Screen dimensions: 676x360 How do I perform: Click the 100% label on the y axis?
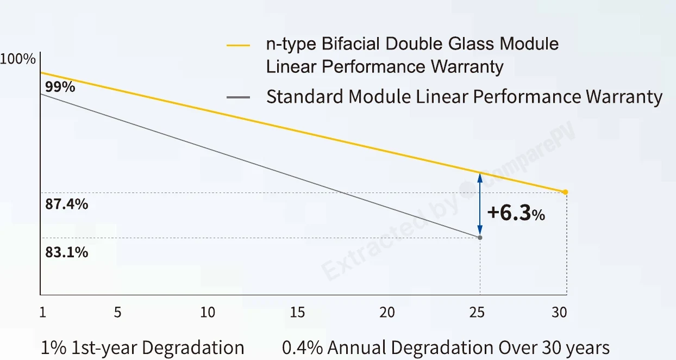point(18,59)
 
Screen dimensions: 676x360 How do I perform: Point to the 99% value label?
point(60,87)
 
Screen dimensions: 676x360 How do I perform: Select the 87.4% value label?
point(67,204)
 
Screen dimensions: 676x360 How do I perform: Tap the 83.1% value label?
point(67,252)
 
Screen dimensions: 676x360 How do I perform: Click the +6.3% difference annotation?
point(516,213)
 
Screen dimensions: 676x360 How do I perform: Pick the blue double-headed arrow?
point(480,204)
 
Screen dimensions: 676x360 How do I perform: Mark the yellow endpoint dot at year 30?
point(565,192)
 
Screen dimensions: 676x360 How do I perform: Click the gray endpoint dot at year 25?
point(480,238)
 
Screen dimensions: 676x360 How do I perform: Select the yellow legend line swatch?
point(238,45)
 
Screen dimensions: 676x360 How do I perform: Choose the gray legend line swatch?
point(238,97)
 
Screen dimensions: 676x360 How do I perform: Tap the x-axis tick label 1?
point(42,312)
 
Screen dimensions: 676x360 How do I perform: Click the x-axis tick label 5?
point(117,312)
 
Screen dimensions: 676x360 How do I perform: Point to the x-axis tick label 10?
point(208,312)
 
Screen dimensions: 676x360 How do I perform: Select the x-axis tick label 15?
point(297,312)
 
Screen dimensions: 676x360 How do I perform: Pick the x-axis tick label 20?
point(387,312)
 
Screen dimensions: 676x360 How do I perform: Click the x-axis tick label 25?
point(477,312)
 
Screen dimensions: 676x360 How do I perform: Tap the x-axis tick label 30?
point(559,312)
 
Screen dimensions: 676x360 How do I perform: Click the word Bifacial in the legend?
point(350,44)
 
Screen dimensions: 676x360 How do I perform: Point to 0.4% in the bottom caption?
point(302,347)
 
